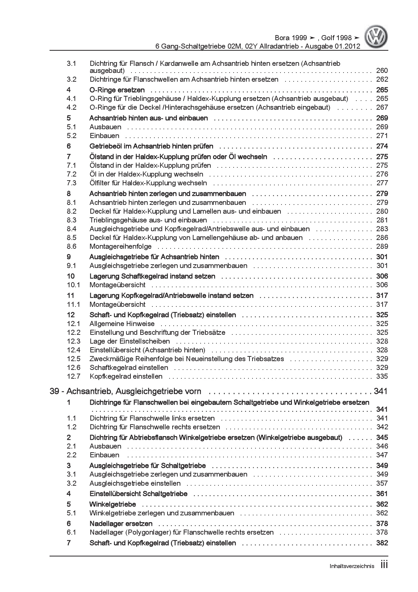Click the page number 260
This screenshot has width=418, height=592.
click(x=382, y=71)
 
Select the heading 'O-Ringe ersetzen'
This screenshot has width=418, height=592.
click(x=117, y=90)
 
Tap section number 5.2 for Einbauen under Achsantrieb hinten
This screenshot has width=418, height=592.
click(x=71, y=136)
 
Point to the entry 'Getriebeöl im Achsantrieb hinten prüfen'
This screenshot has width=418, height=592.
click(x=151, y=146)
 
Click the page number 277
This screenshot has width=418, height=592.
click(x=382, y=183)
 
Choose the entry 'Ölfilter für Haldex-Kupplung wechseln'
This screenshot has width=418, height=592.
click(x=148, y=183)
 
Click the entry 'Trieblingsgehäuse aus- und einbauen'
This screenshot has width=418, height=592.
click(x=148, y=220)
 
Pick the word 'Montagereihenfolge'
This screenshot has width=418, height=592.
click(x=121, y=246)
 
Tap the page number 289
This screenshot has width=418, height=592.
click(x=382, y=246)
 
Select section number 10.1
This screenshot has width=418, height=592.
click(x=73, y=285)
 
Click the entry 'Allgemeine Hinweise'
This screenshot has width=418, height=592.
click(x=122, y=324)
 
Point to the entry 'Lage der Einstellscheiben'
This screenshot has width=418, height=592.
click(x=129, y=341)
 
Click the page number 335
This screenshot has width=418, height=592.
click(x=382, y=376)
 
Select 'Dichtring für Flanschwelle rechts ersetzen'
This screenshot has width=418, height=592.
click(x=155, y=427)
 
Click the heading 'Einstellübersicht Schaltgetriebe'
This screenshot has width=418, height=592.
click(x=138, y=494)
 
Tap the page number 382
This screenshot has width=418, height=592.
click(x=382, y=543)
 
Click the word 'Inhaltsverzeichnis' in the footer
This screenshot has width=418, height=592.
click(x=352, y=566)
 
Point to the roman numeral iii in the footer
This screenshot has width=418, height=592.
click(x=384, y=565)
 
